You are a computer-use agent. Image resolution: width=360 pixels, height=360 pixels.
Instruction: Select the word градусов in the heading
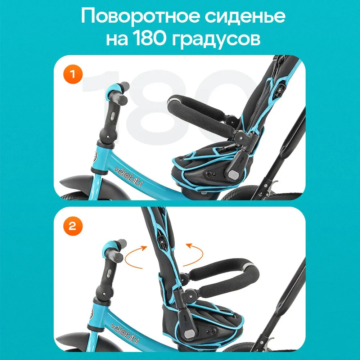(x=216, y=40)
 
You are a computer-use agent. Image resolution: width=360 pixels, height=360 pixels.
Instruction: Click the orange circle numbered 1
(x=73, y=75)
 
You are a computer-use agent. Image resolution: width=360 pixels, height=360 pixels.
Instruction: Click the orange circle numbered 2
(x=73, y=226)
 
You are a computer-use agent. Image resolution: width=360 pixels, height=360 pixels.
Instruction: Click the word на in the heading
(x=117, y=40)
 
